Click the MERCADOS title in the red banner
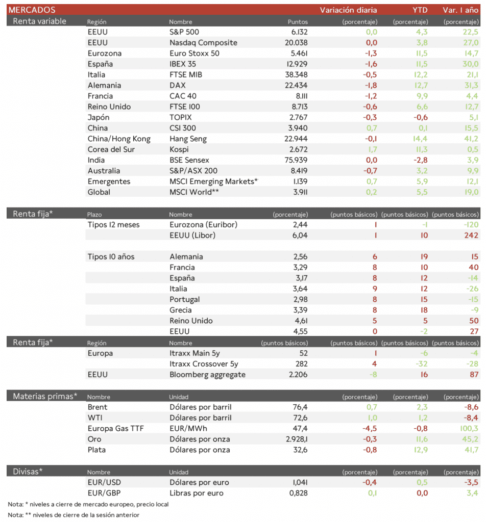[x=32, y=10]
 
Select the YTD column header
[x=420, y=10]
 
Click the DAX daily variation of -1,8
[x=371, y=86]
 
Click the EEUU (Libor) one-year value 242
[x=471, y=236]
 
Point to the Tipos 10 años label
[x=111, y=257]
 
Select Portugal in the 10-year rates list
[x=184, y=300]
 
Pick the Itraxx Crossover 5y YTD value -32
[x=421, y=364]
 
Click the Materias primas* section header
[x=45, y=396]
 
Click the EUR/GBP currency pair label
[x=105, y=493]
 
